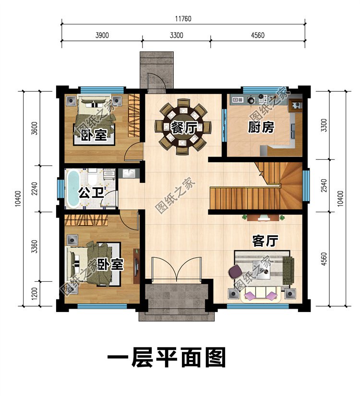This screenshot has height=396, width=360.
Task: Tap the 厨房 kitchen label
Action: click(261, 127)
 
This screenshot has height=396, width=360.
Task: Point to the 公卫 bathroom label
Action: click(92, 193)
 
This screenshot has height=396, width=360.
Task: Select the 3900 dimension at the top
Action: click(101, 36)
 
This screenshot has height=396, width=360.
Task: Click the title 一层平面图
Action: click(166, 358)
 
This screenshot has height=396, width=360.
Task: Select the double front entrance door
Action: click(175, 269)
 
